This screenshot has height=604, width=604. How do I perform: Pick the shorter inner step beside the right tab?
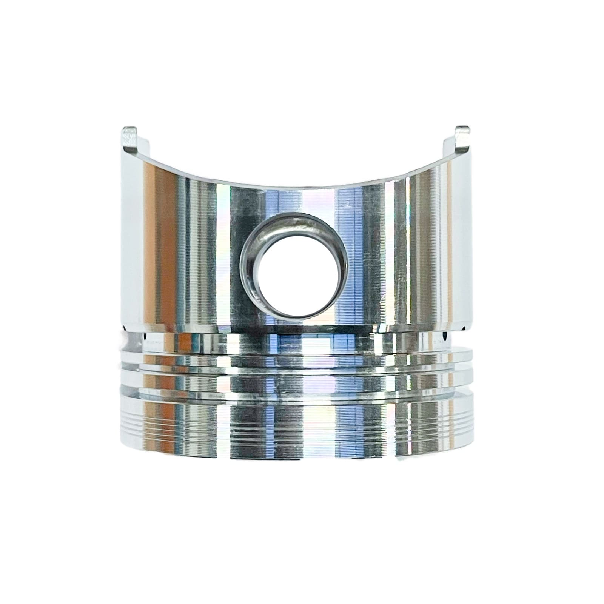click(x=449, y=147)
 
